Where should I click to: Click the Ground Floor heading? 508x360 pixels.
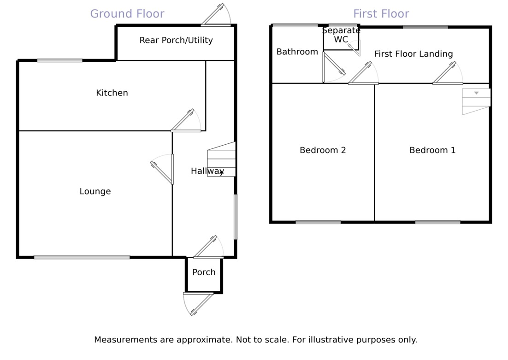click(127, 14)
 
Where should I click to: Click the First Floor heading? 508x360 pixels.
click(381, 14)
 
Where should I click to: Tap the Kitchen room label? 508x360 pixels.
click(112, 93)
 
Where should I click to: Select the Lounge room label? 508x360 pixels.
click(95, 191)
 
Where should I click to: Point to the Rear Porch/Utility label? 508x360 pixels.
click(176, 41)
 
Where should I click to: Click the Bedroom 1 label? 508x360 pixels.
click(432, 150)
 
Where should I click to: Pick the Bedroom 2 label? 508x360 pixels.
click(323, 150)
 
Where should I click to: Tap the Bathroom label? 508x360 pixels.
click(297, 52)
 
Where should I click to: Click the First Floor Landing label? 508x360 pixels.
click(413, 54)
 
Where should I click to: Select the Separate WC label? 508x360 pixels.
click(341, 35)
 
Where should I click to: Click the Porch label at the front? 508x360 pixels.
click(204, 272)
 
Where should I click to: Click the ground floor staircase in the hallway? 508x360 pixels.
click(222, 159)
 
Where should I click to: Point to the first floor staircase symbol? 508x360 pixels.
click(476, 101)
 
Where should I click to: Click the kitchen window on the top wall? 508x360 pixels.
click(60, 60)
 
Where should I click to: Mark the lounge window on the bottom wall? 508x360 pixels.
click(82, 257)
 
